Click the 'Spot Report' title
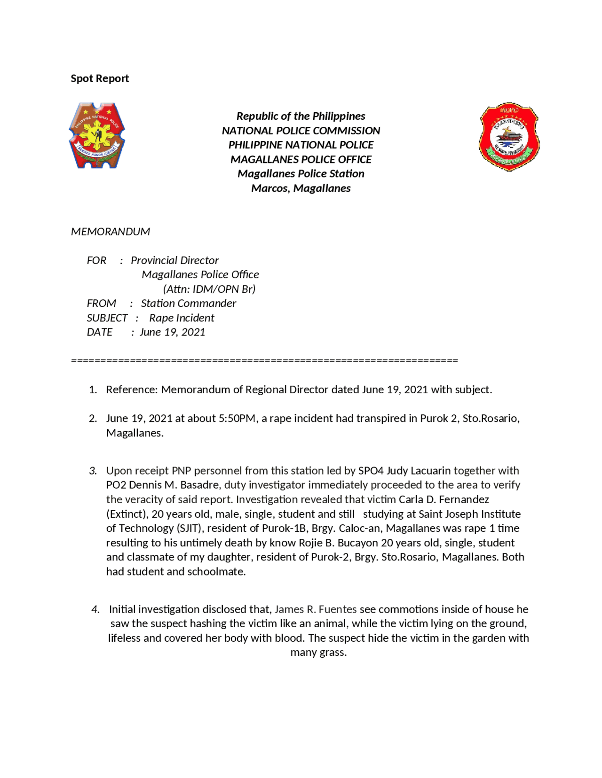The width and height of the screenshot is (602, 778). coord(100,78)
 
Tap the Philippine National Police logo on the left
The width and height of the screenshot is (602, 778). coord(97,136)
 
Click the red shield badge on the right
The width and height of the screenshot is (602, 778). coord(509,136)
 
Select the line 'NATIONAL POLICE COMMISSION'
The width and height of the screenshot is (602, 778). coord(301,131)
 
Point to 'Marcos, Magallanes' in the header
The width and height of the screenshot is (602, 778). coord(301,188)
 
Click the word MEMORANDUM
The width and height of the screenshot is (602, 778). coord(111,232)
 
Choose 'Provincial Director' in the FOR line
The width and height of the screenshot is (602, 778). coord(174,260)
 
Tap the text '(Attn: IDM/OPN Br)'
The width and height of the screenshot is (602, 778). coord(209,289)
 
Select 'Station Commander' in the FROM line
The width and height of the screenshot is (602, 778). coord(189,303)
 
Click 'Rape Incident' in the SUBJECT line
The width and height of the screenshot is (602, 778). coord(182,318)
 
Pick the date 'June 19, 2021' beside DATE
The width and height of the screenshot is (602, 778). coord(173,332)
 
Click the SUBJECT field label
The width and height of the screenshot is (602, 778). coord(107,318)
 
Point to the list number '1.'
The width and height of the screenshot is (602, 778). coord(93,390)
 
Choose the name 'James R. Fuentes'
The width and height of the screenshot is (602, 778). coord(316,609)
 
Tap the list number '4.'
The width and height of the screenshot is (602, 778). coord(95,609)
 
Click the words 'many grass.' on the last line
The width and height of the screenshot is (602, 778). coord(318,653)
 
